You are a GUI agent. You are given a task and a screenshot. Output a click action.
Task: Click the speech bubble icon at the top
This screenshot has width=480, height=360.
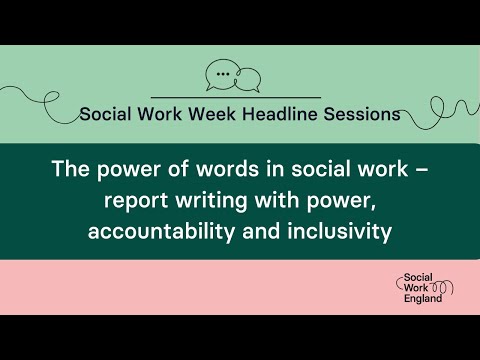[x=232, y=76]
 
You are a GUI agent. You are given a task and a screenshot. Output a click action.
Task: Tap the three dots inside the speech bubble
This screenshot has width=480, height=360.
[x=222, y=73]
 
